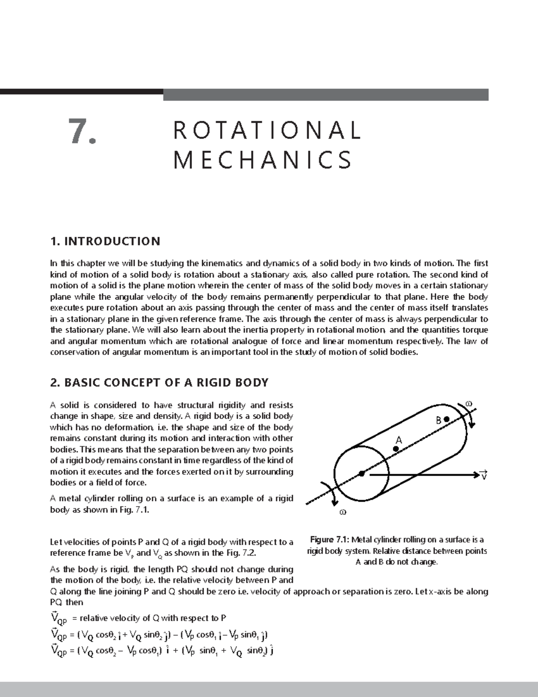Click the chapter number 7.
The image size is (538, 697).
point(82,132)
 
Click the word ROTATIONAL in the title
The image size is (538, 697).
point(267,131)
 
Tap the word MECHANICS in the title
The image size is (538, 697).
point(263,160)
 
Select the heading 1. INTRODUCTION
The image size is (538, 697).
point(105,241)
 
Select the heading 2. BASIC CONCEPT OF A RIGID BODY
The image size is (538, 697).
point(159,383)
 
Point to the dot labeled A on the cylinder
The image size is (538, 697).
point(396,448)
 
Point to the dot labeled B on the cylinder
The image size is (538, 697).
point(447,419)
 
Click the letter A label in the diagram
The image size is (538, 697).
point(398,440)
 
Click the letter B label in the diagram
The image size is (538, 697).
point(438,421)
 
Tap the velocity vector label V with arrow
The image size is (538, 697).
point(483,475)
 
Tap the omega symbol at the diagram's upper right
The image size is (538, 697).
point(469,403)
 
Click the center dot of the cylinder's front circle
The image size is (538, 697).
point(361,473)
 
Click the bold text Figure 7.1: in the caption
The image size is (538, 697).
point(329,540)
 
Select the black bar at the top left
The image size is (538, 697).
point(81,92)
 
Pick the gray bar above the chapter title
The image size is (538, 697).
point(325,95)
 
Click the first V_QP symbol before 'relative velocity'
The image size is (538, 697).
point(59,618)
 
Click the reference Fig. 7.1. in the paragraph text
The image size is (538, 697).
point(135,510)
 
